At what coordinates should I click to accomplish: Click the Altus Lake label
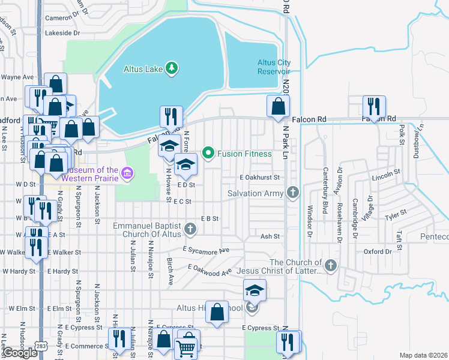(x=144, y=68)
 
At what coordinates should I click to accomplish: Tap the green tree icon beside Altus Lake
(x=172, y=68)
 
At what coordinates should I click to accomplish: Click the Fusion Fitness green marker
(x=208, y=153)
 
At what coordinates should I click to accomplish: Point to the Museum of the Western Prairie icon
(x=126, y=175)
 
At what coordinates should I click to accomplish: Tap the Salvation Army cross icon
(x=292, y=193)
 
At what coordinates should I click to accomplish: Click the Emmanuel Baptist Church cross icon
(x=190, y=228)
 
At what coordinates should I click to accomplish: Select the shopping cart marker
(x=186, y=347)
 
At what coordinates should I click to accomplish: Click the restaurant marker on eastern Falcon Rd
(x=374, y=106)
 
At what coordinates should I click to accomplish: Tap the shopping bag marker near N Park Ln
(x=277, y=106)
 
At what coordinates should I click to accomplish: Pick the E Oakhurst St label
(x=260, y=178)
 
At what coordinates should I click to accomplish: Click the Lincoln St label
(x=385, y=175)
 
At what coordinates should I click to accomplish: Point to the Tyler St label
(x=396, y=214)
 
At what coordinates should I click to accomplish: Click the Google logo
(x=20, y=353)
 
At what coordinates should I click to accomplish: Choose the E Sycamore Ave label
(x=206, y=250)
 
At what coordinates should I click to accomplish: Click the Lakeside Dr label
(x=62, y=33)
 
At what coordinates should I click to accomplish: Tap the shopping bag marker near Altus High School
(x=217, y=311)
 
